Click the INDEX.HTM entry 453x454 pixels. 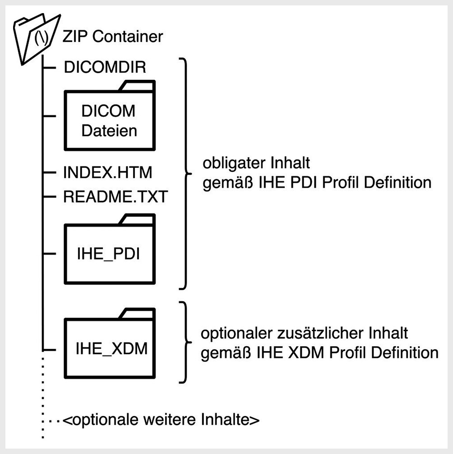(x=109, y=172)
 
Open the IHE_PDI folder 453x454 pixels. (x=110, y=253)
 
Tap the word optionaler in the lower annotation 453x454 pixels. (x=235, y=334)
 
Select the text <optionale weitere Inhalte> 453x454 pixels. (x=161, y=420)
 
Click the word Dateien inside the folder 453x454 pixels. (x=109, y=131)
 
